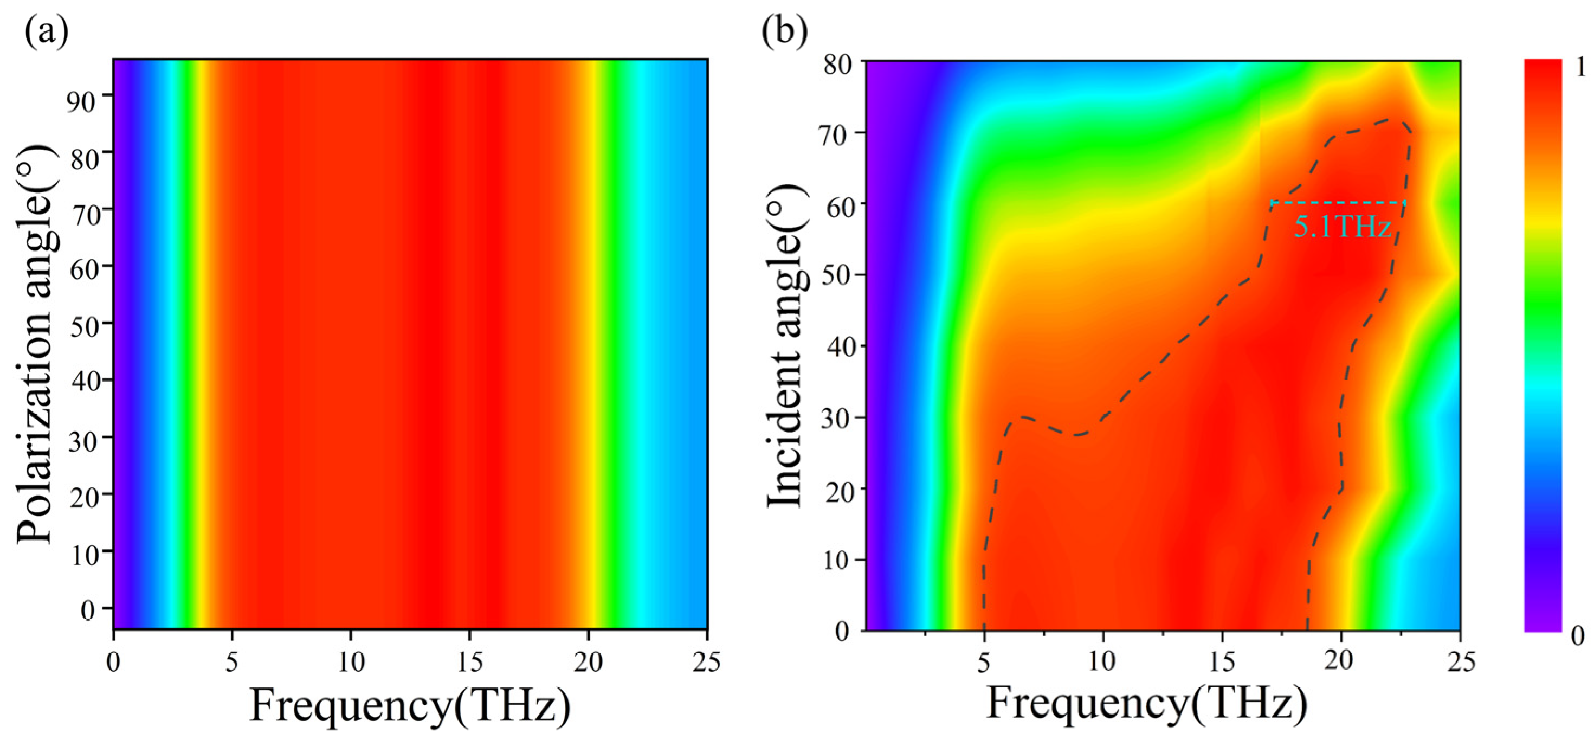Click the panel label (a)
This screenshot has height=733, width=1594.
pos(47,32)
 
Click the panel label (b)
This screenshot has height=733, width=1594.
pos(785,32)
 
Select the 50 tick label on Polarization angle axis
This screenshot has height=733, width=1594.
pos(82,327)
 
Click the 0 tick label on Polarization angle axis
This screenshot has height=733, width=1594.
pos(88,611)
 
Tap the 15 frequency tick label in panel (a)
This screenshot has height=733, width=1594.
pos(469,662)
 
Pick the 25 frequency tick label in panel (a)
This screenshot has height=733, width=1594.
pos(706,662)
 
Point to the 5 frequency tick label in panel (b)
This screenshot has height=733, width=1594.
pos(984,662)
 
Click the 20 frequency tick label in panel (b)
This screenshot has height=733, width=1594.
pos(1340,662)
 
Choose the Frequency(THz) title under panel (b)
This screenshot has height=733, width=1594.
pos(1147,704)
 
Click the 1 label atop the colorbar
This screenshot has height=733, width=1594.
pos(1580,67)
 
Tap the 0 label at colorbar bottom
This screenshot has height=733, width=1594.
pos(1580,635)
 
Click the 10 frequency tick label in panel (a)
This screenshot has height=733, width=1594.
pos(350,662)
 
